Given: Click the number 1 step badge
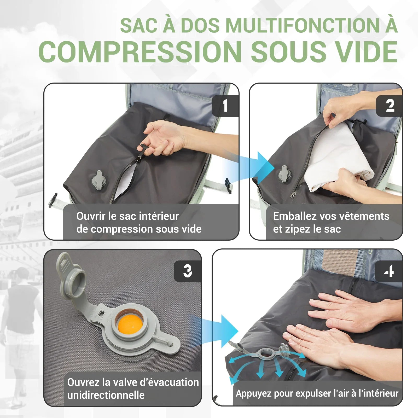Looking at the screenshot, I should pos(225,106).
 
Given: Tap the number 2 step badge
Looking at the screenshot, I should pos(390,106).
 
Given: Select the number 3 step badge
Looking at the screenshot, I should pos(187,271).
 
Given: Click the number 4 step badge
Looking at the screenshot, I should pos(389,271).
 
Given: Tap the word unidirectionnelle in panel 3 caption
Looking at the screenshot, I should pos(106,395).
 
